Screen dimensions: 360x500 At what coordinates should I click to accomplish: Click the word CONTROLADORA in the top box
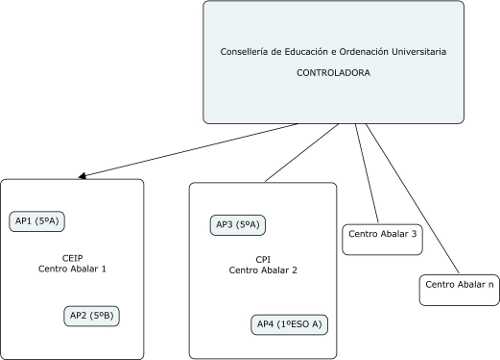coord(334,73)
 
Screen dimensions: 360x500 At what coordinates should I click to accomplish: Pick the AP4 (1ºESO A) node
coord(289,325)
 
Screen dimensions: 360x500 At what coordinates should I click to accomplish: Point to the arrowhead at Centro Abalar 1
coord(83,176)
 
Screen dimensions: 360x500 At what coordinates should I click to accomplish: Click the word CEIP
coord(71,256)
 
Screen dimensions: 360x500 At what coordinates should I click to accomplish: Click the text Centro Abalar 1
coord(72,268)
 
